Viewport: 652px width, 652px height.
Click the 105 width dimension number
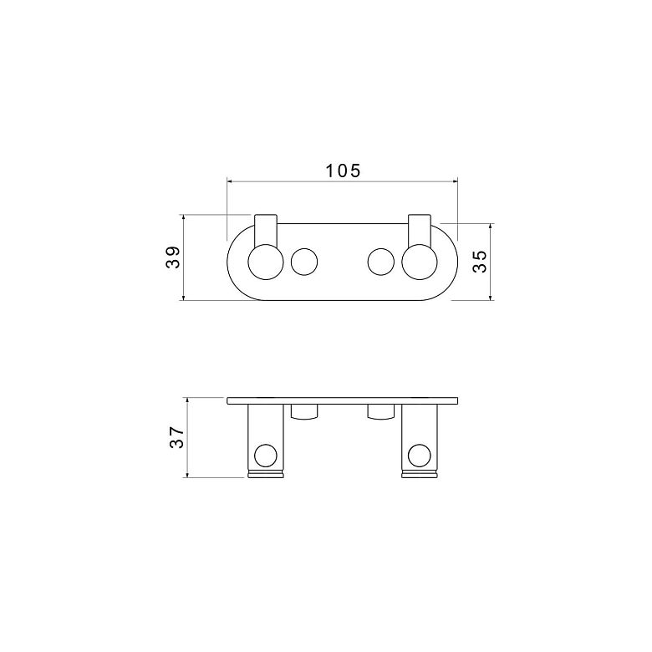pos(343,171)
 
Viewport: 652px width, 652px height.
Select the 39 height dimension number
pos(173,257)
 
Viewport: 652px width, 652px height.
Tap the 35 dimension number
pos(480,261)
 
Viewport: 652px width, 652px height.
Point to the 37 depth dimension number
pos(176,437)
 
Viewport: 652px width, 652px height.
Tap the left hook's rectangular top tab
pos(266,229)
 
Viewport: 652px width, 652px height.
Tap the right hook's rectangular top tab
pos(420,229)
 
